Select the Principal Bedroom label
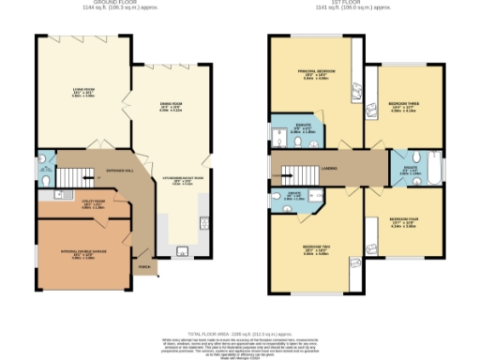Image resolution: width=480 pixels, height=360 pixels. [314, 73]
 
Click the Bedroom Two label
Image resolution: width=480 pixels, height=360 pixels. [314, 249]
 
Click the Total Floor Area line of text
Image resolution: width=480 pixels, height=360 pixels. [239, 306]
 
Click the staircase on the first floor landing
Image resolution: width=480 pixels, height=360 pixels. [293, 170]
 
